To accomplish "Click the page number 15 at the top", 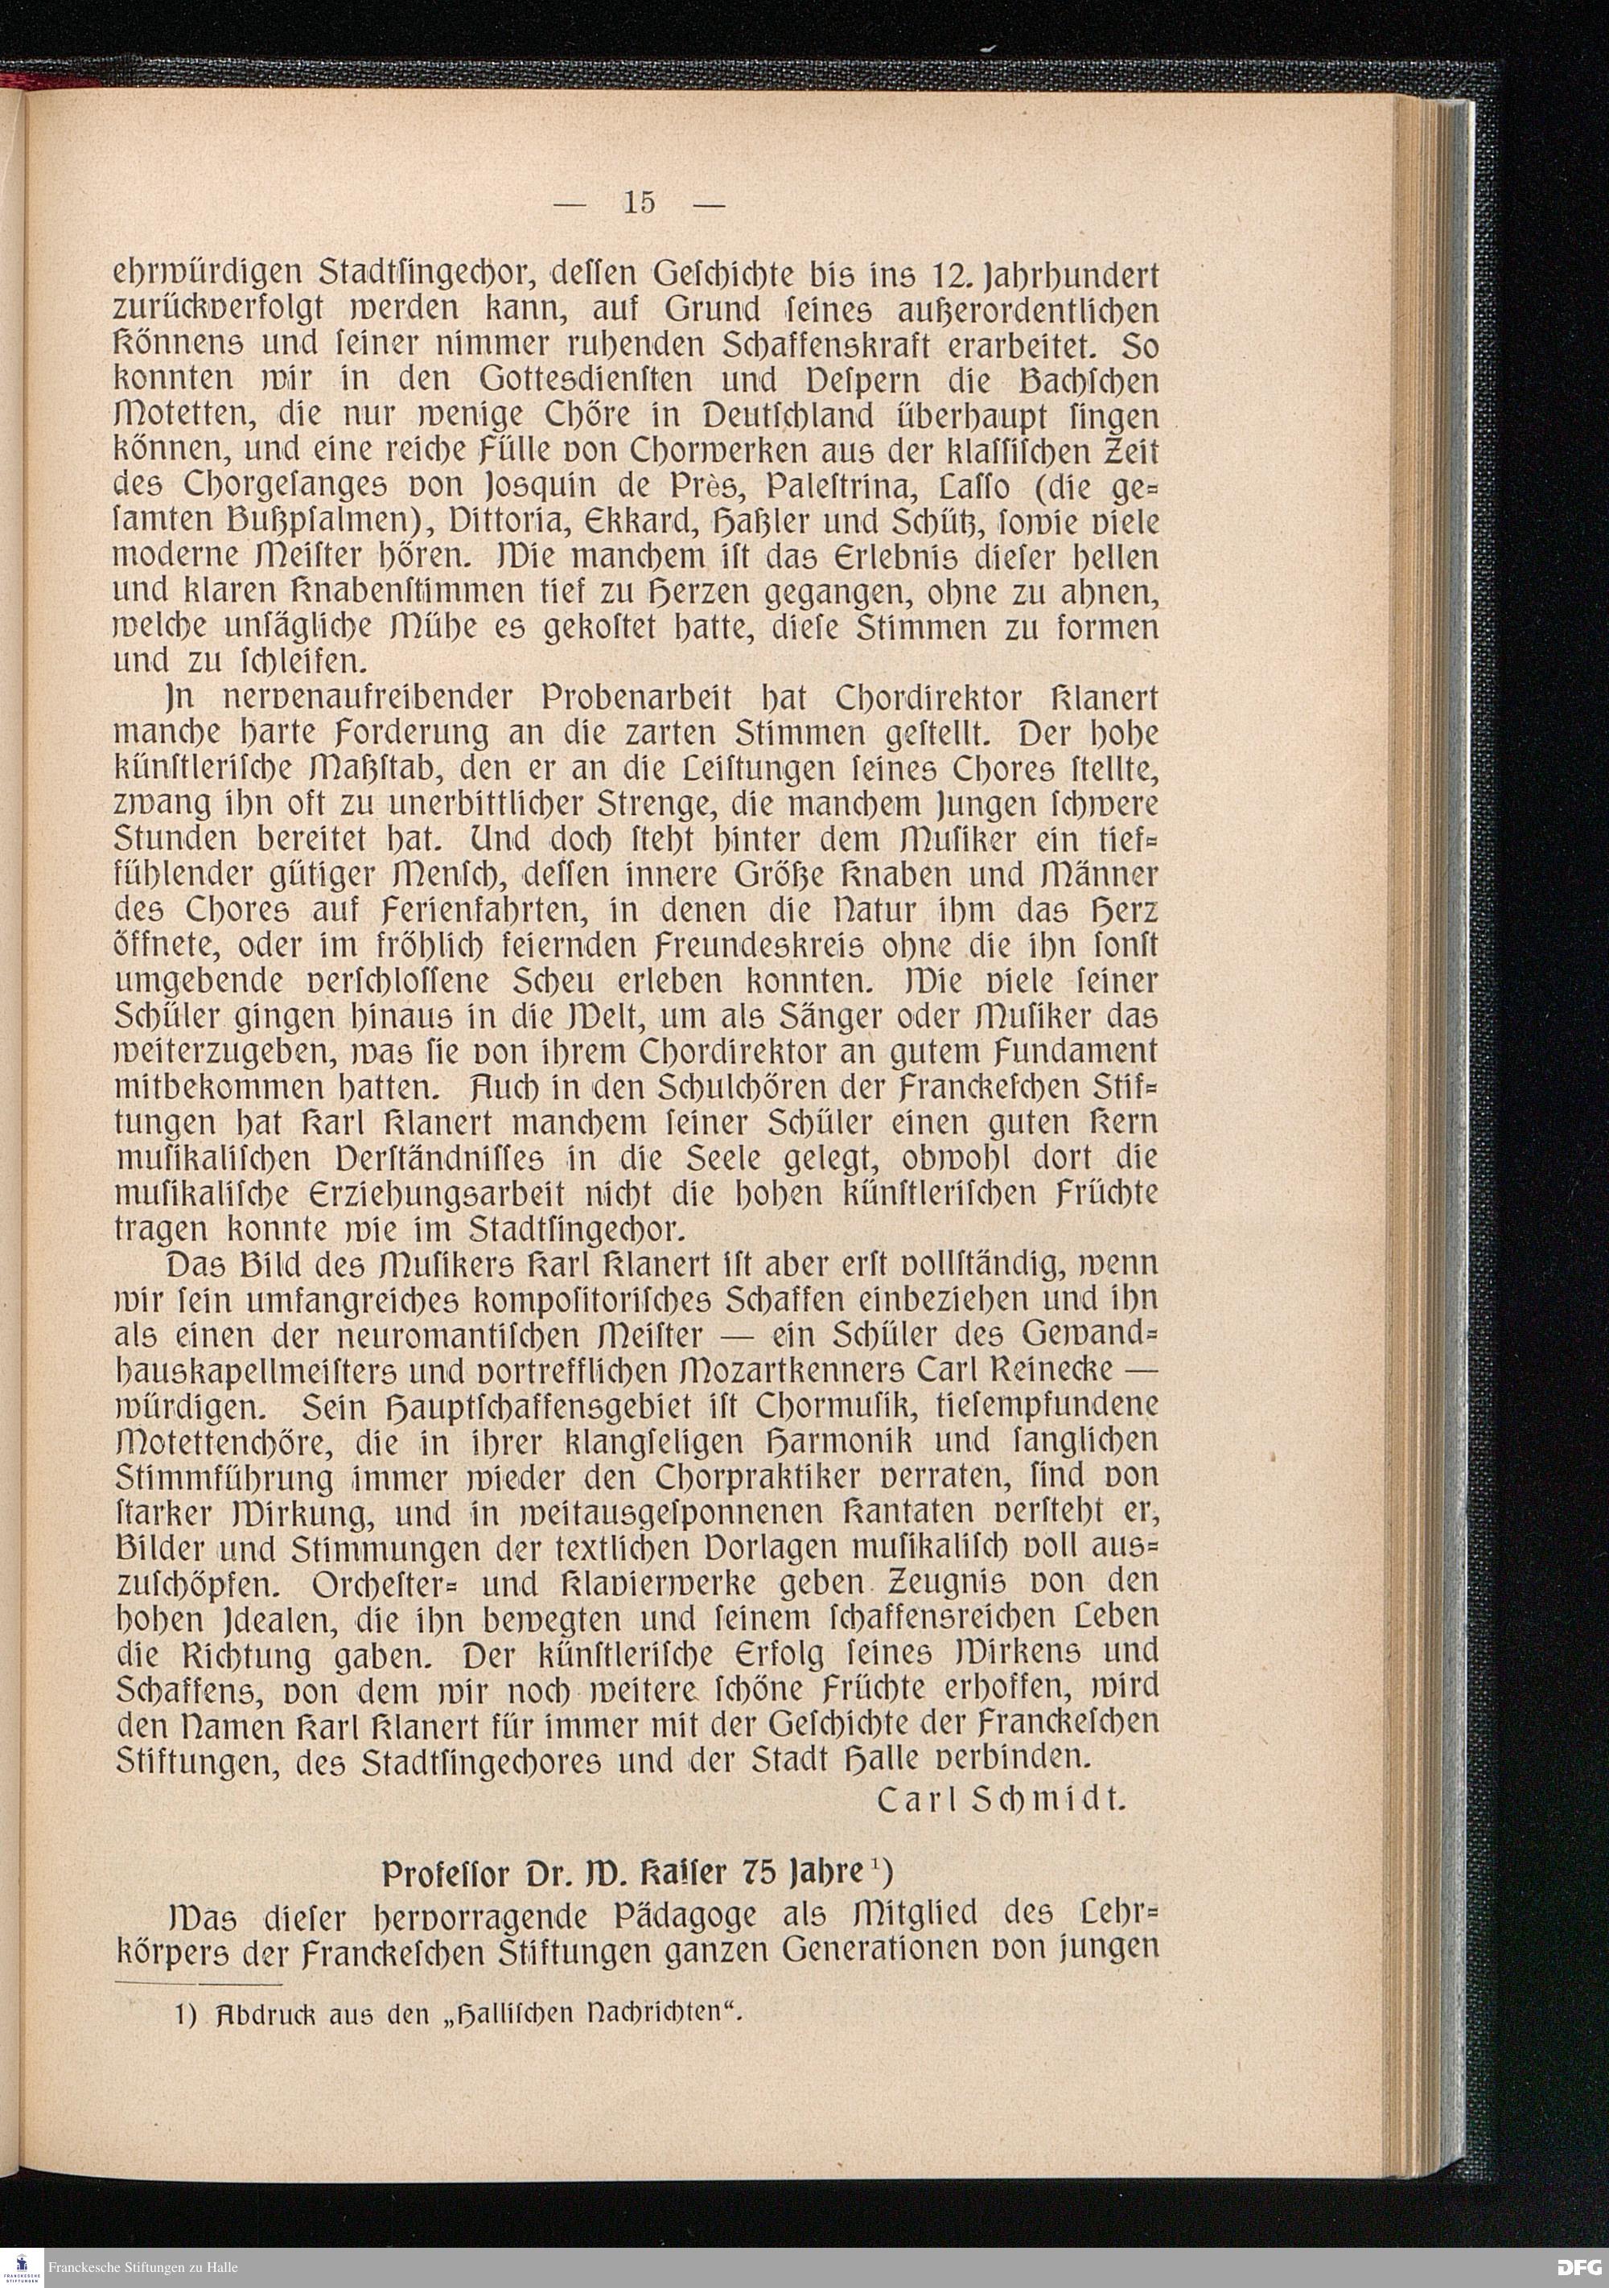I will coord(640,202).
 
